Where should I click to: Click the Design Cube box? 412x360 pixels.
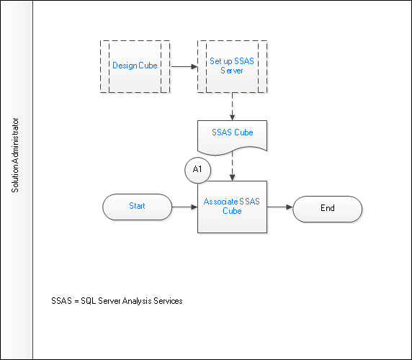pyautogui.click(x=135, y=66)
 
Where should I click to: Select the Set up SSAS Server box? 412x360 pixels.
pyautogui.click(x=232, y=66)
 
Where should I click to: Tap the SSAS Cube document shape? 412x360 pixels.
pyautogui.click(x=232, y=138)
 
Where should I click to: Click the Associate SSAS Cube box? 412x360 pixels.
pyautogui.click(x=232, y=207)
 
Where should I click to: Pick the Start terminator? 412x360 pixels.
pyautogui.click(x=137, y=207)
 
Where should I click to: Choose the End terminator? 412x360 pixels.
pyautogui.click(x=328, y=209)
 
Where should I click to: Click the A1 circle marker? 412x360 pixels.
pyautogui.click(x=197, y=170)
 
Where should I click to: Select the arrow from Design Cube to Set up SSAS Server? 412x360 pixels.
pyautogui.click(x=184, y=67)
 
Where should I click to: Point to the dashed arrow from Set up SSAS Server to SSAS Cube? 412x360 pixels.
pyautogui.click(x=232, y=107)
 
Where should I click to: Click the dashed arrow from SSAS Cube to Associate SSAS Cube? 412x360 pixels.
pyautogui.click(x=232, y=166)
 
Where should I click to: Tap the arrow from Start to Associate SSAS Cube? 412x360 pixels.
pyautogui.click(x=184, y=207)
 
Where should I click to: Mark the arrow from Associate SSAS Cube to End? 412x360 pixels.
pyautogui.click(x=280, y=207)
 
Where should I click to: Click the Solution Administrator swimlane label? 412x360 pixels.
pyautogui.click(x=15, y=156)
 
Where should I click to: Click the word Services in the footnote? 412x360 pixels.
pyautogui.click(x=168, y=301)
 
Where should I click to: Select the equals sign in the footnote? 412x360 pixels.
pyautogui.click(x=76, y=302)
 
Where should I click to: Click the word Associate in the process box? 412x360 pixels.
pyautogui.click(x=217, y=202)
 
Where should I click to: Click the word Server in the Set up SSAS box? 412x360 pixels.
pyautogui.click(x=232, y=71)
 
